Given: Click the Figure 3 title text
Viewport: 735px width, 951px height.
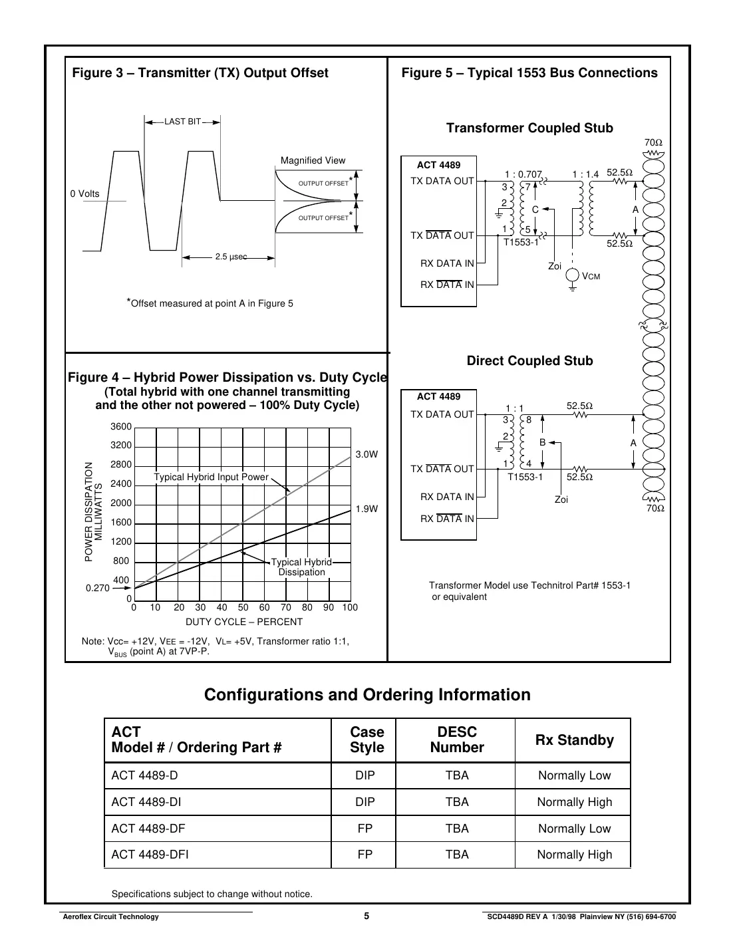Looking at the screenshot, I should pyautogui.click(x=200, y=73).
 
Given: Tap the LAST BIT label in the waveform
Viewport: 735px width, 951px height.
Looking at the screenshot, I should pyautogui.click(x=182, y=122).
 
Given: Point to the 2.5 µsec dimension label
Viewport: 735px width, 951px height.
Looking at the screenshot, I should pyautogui.click(x=231, y=257).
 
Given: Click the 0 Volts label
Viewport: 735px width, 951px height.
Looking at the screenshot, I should pyautogui.click(x=84, y=194).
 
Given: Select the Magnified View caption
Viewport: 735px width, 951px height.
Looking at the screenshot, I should pyautogui.click(x=313, y=160).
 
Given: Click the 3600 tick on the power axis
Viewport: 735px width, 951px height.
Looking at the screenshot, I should pyautogui.click(x=121, y=427).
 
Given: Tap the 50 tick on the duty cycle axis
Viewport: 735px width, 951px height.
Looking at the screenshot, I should pyautogui.click(x=243, y=607).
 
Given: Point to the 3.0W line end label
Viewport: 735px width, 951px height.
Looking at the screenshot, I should pyautogui.click(x=366, y=454).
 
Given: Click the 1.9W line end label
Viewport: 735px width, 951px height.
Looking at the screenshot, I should pyautogui.click(x=366, y=509).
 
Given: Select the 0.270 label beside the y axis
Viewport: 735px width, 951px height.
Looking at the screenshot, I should pyautogui.click(x=97, y=589).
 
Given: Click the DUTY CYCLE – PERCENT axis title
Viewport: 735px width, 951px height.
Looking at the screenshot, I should pyautogui.click(x=243, y=622).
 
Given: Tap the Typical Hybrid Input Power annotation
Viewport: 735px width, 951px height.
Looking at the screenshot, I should pyautogui.click(x=211, y=477).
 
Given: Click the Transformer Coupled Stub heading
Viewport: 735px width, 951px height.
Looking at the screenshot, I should pyautogui.click(x=529, y=128).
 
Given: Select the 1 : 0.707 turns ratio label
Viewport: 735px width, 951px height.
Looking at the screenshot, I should pyautogui.click(x=523, y=174).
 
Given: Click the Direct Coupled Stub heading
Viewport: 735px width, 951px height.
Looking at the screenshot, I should pyautogui.click(x=529, y=360).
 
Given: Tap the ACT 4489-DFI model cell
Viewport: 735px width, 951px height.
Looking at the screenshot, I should pyautogui.click(x=150, y=855).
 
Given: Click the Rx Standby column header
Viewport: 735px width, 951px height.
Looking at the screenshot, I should pyautogui.click(x=574, y=740).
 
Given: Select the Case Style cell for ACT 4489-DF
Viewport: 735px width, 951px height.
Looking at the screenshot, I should pyautogui.click(x=365, y=829).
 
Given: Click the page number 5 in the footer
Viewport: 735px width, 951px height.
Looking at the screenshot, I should pyautogui.click(x=367, y=916).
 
